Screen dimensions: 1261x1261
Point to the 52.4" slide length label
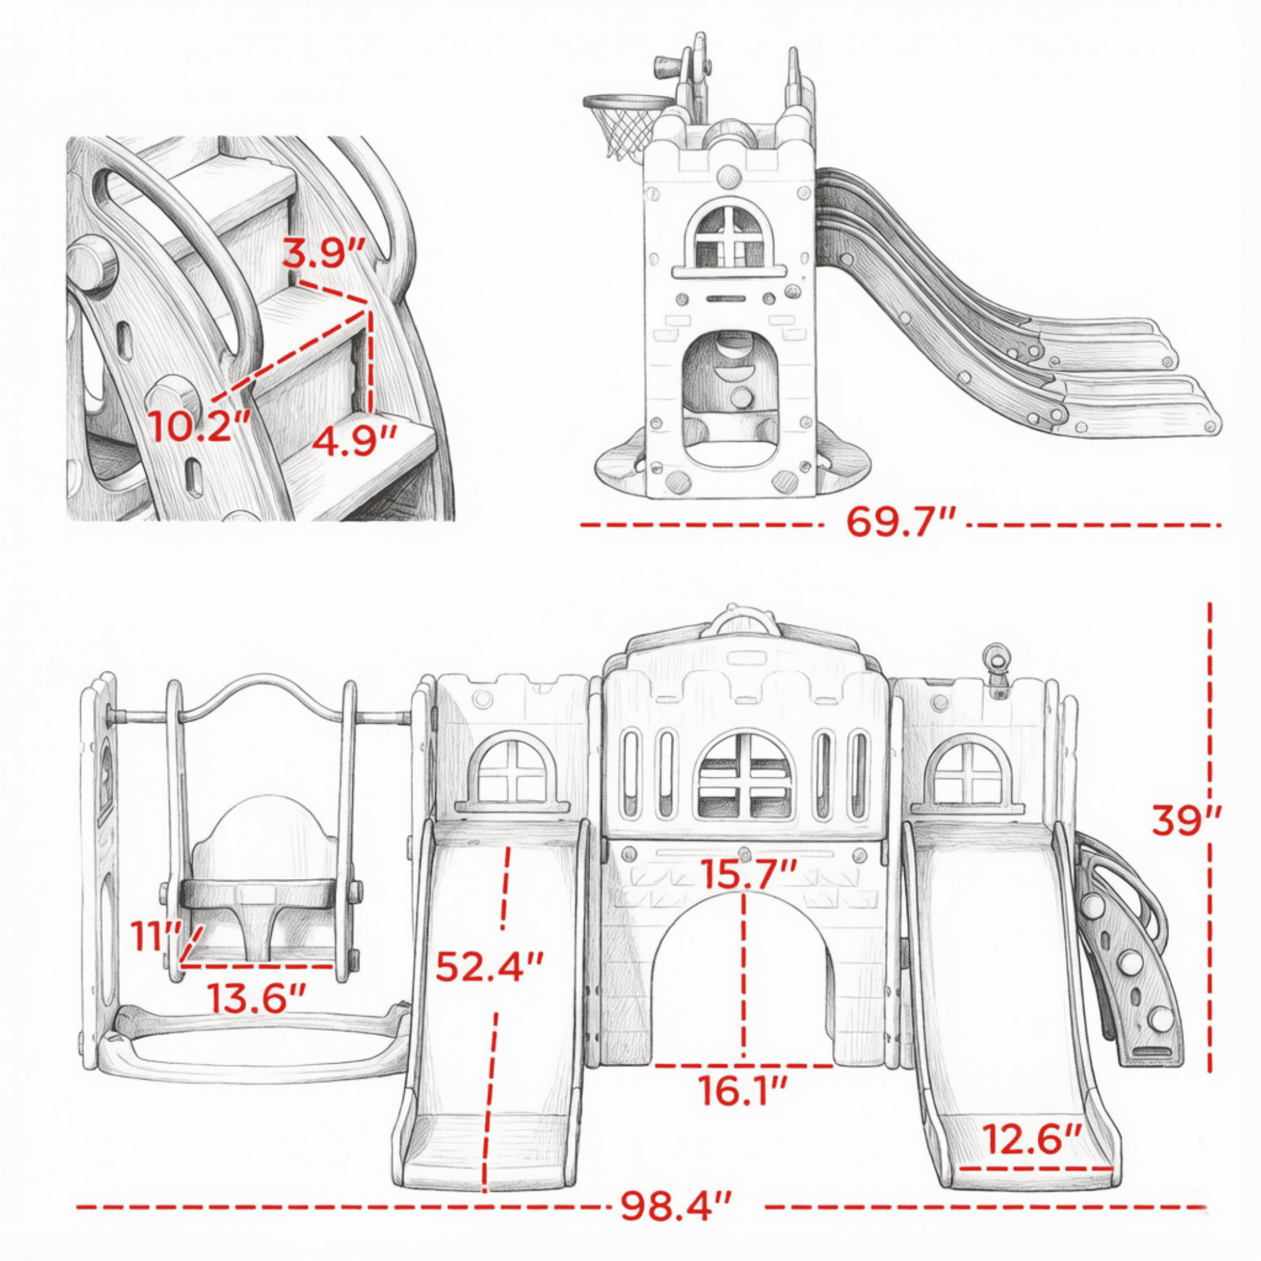489,967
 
